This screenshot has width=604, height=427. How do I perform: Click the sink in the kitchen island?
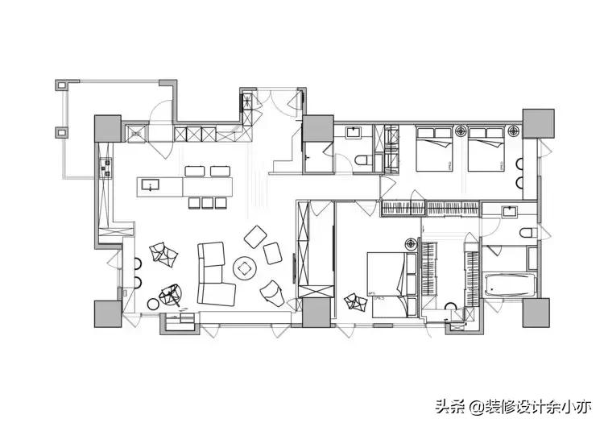[x=151, y=186]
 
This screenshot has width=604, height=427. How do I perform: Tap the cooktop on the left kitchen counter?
[x=105, y=167]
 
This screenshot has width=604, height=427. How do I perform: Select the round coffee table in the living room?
[x=244, y=267]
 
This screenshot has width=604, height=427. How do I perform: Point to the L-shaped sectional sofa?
[x=213, y=273]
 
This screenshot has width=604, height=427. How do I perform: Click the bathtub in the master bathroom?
[x=511, y=285]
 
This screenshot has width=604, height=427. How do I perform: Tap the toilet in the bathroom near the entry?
[x=362, y=160]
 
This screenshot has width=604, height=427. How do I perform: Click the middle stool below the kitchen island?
[x=206, y=202]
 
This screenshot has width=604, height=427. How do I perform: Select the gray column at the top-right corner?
[x=534, y=121]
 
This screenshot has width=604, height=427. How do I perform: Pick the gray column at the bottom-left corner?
[x=107, y=313]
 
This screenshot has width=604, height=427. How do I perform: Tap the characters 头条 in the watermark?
[x=448, y=405]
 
